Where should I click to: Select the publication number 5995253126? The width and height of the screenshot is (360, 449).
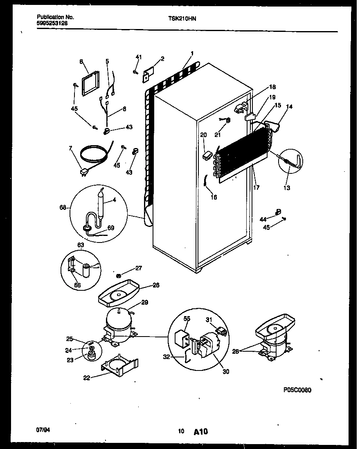pyautogui.click(x=52, y=23)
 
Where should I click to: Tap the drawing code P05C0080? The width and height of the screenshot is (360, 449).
pyautogui.click(x=297, y=390)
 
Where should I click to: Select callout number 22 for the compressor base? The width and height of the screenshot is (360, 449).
pyautogui.click(x=86, y=377)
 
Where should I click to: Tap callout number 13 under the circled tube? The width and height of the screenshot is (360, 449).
pyautogui.click(x=287, y=188)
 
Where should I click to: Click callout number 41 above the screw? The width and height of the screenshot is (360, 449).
pyautogui.click(x=138, y=57)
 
